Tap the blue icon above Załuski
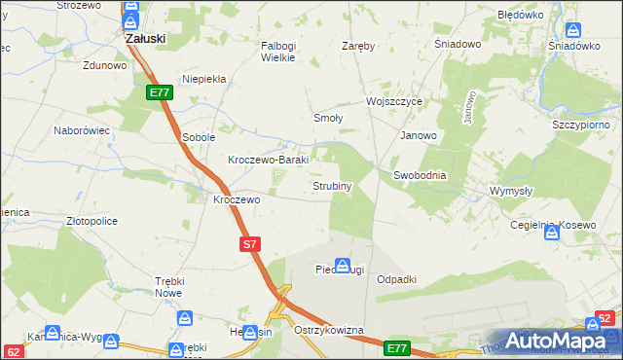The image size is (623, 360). (130, 18)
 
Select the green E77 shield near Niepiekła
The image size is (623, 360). (161, 92)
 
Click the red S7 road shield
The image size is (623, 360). (250, 245)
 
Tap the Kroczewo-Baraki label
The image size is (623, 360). (268, 160)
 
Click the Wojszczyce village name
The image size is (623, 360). (393, 101)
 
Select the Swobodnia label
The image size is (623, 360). (420, 175)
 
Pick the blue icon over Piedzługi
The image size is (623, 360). (343, 265)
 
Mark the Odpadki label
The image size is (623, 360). (396, 279)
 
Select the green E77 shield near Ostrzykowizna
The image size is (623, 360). (396, 347)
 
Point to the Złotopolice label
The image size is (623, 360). (92, 222)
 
